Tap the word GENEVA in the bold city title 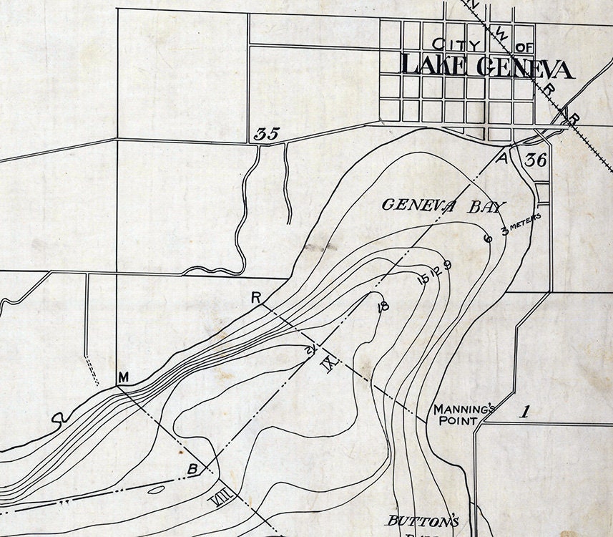(x=523, y=68)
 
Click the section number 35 (x=267, y=133)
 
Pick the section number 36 (x=535, y=160)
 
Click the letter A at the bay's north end (x=502, y=158)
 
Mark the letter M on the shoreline (x=123, y=377)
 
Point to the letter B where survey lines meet (x=192, y=469)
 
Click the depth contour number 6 (x=488, y=238)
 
